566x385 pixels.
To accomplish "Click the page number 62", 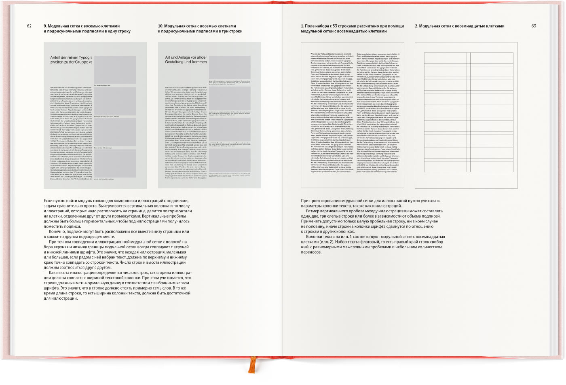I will point(29,26).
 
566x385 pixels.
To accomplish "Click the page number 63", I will point(534,26).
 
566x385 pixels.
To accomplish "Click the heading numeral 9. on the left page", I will point(45,26).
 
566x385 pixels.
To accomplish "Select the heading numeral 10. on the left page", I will point(161,26).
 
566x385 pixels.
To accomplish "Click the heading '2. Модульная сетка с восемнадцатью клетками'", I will point(460,26).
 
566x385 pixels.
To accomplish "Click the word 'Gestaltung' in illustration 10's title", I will point(174,62).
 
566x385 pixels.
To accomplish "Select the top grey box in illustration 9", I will point(115,70).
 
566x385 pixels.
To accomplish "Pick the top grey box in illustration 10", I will point(230,67).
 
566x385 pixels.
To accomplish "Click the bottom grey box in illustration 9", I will point(115,163).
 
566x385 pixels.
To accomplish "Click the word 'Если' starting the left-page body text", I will point(48,201).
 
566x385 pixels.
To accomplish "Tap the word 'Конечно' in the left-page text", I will point(58,232).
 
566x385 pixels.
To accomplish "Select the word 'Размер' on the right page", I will point(314,211).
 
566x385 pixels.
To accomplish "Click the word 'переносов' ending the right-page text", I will point(311,252).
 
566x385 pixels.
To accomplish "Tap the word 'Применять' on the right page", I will point(312,222).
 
